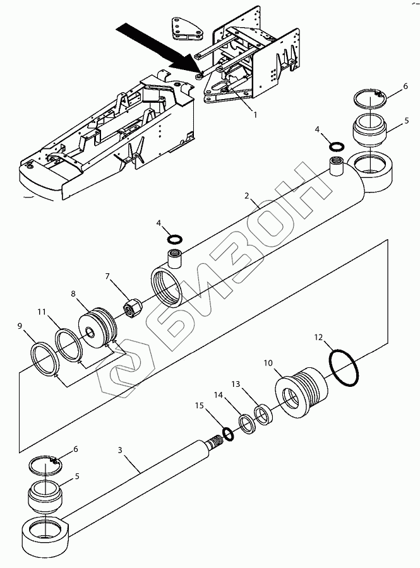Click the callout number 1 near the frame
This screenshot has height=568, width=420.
(x=255, y=115)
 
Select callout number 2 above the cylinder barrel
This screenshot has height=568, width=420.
(x=248, y=197)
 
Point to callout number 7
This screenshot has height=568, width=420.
(x=108, y=276)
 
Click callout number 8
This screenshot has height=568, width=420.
(x=73, y=293)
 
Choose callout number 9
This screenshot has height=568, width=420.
(x=20, y=326)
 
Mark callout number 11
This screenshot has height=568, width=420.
(x=41, y=311)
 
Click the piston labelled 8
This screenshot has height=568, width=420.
(x=97, y=329)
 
